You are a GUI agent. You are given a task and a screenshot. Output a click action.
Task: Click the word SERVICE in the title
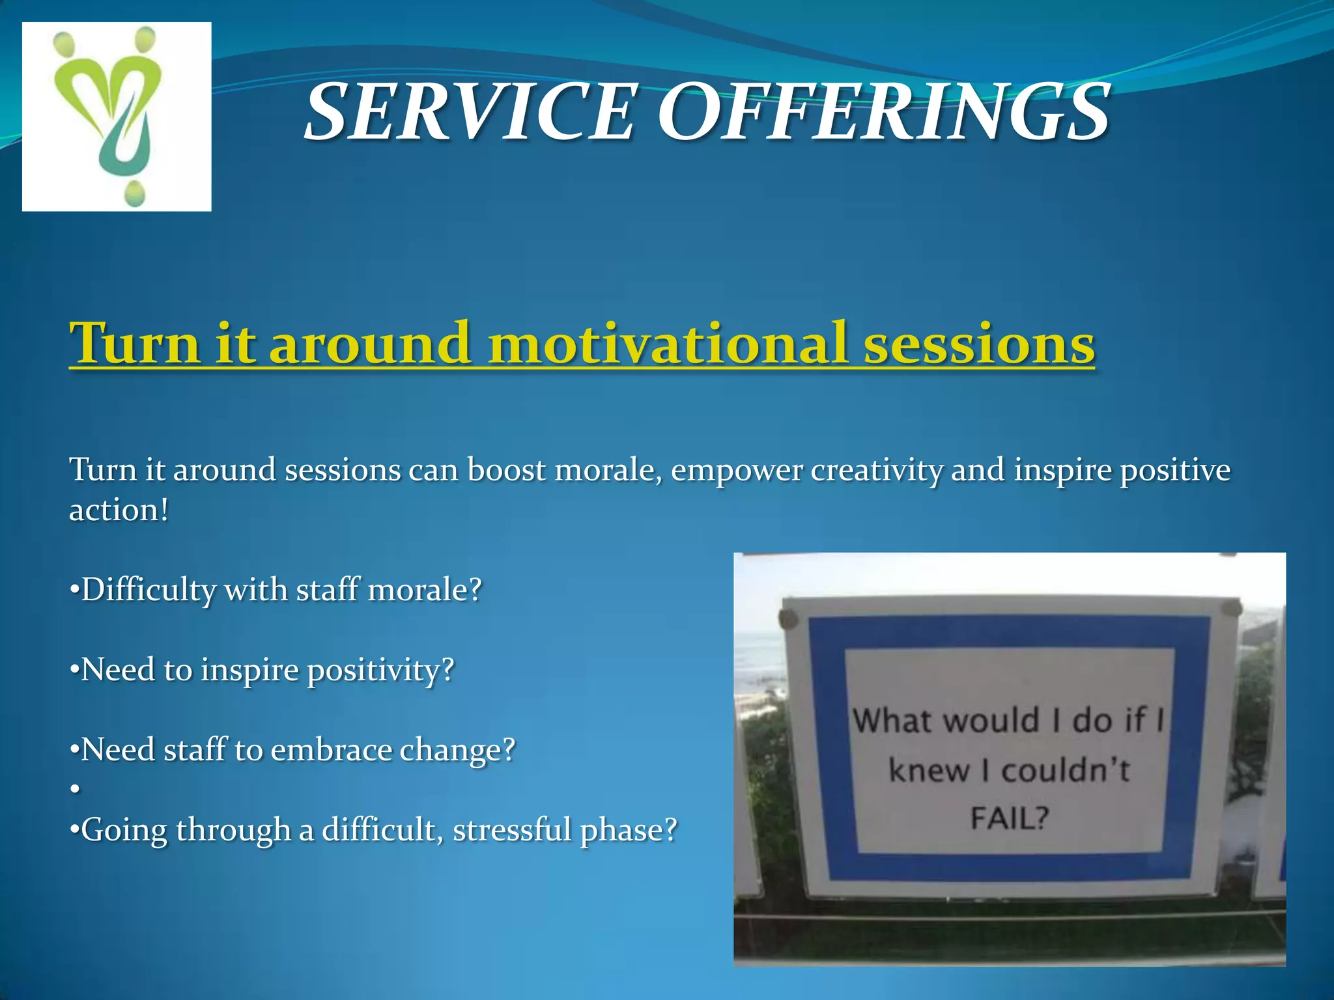[x=469, y=112]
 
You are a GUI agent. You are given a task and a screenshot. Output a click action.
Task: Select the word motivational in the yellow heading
[x=668, y=343]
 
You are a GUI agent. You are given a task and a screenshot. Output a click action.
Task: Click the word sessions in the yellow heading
[x=979, y=343]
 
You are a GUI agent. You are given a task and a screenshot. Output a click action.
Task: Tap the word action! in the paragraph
[x=119, y=510]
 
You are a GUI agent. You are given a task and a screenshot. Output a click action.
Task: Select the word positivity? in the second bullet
[x=380, y=671]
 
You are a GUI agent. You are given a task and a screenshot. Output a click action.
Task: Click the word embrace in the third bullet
[x=331, y=750]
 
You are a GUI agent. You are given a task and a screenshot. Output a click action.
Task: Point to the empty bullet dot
[x=75, y=789]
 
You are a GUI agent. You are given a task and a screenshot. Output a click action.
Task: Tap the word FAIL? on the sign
[x=1010, y=818]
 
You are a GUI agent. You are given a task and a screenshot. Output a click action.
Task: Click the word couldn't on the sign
[x=1065, y=771]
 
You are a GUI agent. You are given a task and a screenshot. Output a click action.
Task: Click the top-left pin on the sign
[x=789, y=619]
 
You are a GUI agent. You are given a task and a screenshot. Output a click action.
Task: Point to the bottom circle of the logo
[x=134, y=193]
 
